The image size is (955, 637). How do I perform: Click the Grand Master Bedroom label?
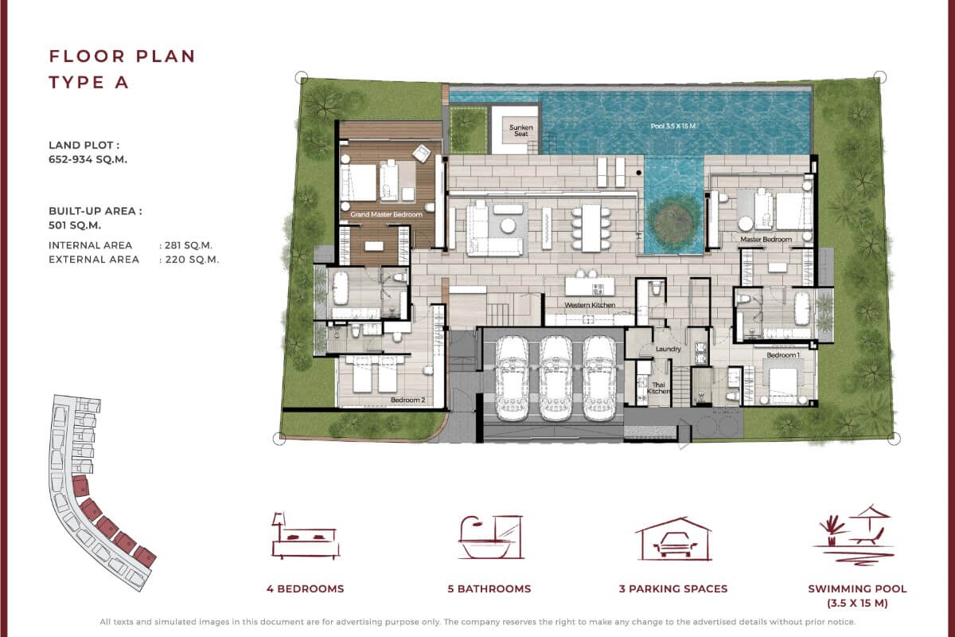386,215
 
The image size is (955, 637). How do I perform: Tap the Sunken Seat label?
521,130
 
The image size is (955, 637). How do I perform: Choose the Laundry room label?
667,349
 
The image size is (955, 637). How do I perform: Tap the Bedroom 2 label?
405,400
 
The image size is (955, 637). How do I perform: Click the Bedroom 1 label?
783,355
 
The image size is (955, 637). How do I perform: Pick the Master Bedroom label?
766,239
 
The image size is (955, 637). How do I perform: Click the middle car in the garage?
555,377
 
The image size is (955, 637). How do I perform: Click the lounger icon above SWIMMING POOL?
856,532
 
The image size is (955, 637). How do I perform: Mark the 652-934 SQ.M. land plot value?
88,159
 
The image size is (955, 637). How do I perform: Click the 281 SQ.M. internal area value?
189,245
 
